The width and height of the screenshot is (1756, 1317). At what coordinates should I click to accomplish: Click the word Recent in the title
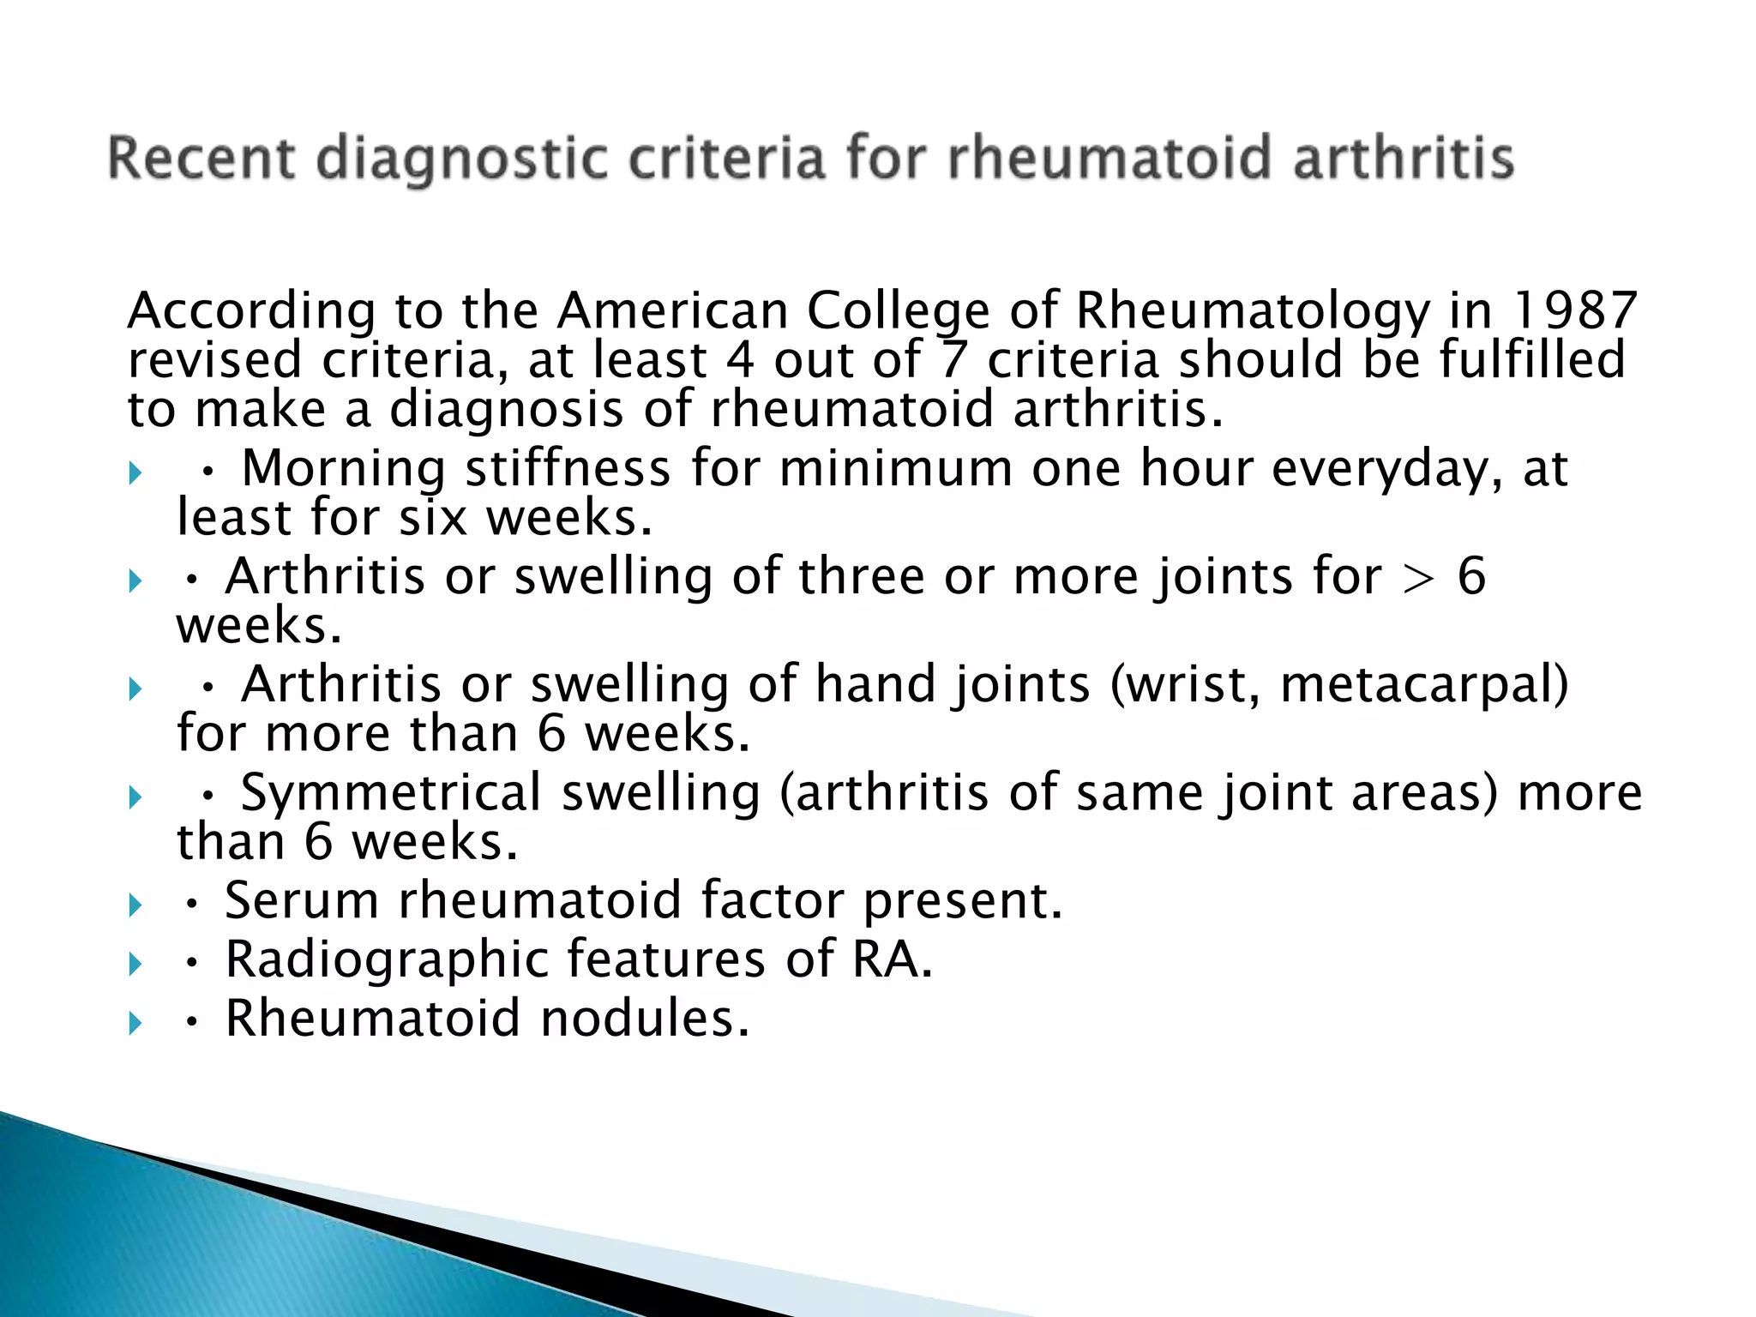click(201, 159)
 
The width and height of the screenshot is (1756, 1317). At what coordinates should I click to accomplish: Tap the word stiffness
click(568, 469)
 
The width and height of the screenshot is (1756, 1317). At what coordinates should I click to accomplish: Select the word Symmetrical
click(391, 793)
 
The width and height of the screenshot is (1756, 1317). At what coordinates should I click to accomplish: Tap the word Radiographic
click(386, 960)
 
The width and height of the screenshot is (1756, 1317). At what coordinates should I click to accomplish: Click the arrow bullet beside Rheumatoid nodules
click(135, 1023)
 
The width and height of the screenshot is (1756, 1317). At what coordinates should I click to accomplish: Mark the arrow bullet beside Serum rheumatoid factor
click(135, 905)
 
